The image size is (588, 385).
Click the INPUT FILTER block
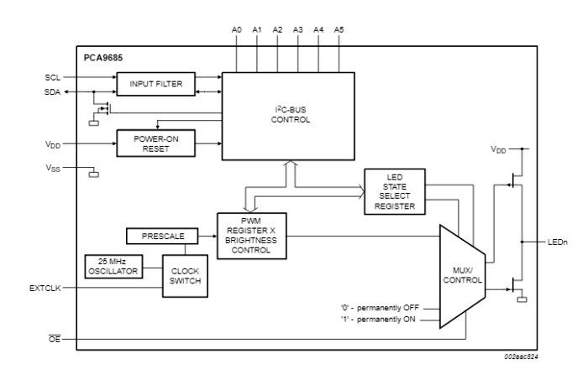(x=155, y=84)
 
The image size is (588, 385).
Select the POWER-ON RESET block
(x=155, y=143)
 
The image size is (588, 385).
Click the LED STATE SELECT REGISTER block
(x=396, y=191)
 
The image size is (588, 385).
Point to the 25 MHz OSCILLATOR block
(x=113, y=266)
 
